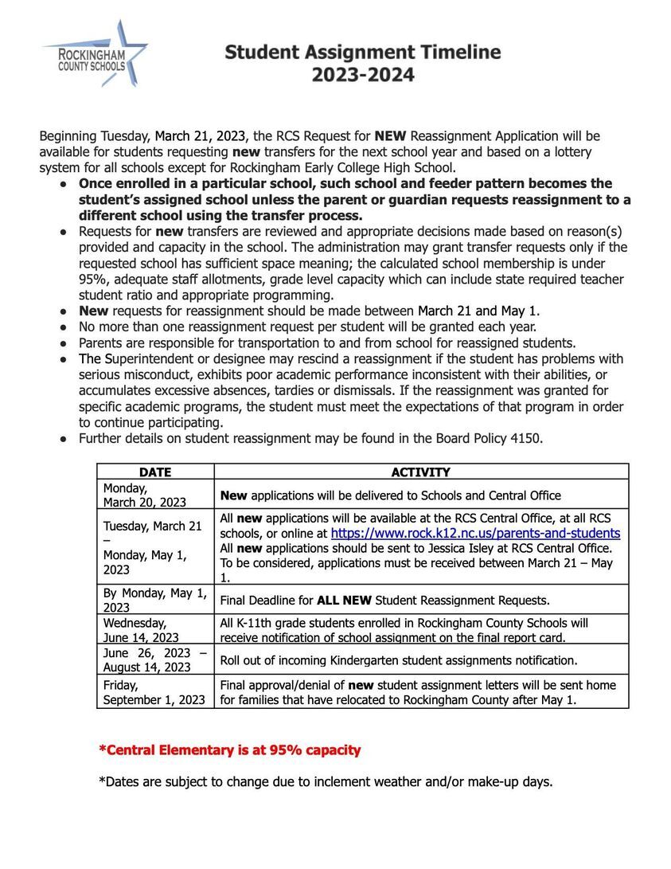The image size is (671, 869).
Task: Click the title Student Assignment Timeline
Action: (362, 53)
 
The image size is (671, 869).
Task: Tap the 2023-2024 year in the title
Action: (362, 76)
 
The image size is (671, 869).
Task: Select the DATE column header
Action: (155, 472)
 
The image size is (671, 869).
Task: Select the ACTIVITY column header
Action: (420, 472)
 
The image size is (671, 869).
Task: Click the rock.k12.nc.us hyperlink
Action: (475, 534)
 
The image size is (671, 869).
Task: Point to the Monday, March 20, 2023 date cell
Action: (145, 495)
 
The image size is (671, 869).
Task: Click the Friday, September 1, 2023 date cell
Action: (154, 692)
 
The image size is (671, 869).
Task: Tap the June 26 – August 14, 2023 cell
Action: (154, 660)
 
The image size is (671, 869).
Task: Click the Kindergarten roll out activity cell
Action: (398, 660)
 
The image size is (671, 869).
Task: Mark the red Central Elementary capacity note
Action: (229, 750)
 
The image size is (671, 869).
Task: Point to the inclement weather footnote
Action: (325, 781)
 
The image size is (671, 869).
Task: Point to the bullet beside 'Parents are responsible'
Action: (63, 343)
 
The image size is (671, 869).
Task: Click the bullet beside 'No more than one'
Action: (63, 327)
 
